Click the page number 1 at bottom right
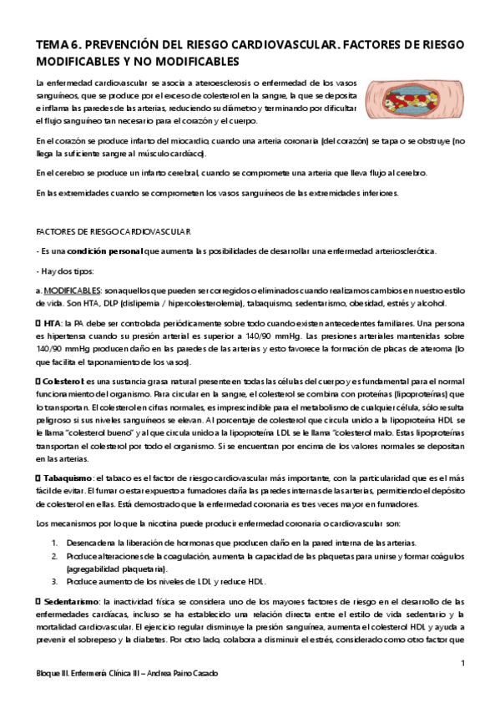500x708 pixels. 462,664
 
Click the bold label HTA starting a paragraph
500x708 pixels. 53,322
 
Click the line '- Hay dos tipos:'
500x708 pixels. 66,271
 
